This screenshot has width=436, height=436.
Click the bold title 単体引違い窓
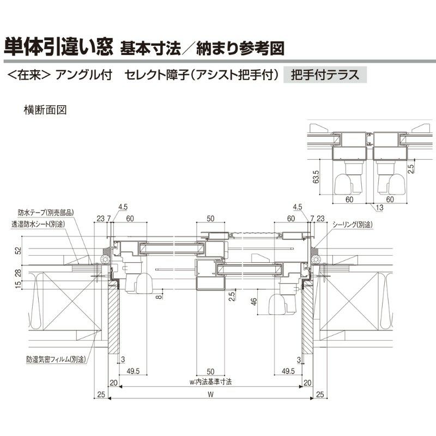(58, 46)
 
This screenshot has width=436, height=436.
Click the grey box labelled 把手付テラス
(325, 75)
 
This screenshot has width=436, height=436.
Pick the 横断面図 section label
(45, 110)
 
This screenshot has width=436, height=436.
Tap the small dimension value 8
(159, 296)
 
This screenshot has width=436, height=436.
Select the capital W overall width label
(211, 398)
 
